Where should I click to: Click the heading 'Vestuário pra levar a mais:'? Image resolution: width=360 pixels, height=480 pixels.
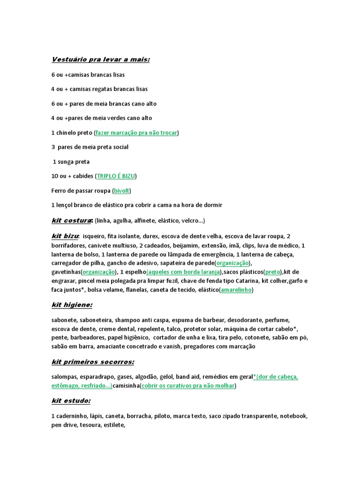click(x=100, y=60)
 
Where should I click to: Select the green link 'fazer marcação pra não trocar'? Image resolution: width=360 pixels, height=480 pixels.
click(x=136, y=133)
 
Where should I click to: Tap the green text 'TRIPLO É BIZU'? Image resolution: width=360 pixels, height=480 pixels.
click(x=116, y=176)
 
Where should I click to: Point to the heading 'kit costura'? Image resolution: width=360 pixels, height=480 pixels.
click(x=71, y=220)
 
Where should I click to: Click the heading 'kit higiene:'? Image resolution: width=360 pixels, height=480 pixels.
click(x=72, y=305)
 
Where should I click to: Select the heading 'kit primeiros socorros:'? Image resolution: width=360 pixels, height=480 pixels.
click(x=93, y=362)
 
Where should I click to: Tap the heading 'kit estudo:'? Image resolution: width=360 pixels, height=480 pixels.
click(x=71, y=401)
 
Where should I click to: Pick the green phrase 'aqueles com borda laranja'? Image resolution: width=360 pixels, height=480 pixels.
click(x=184, y=272)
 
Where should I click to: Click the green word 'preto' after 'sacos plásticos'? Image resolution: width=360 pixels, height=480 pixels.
click(x=273, y=272)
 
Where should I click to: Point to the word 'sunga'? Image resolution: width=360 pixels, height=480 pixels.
click(x=66, y=162)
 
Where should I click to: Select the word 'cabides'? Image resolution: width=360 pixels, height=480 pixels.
click(x=82, y=176)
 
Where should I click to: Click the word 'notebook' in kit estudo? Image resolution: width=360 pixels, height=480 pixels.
click(x=294, y=416)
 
